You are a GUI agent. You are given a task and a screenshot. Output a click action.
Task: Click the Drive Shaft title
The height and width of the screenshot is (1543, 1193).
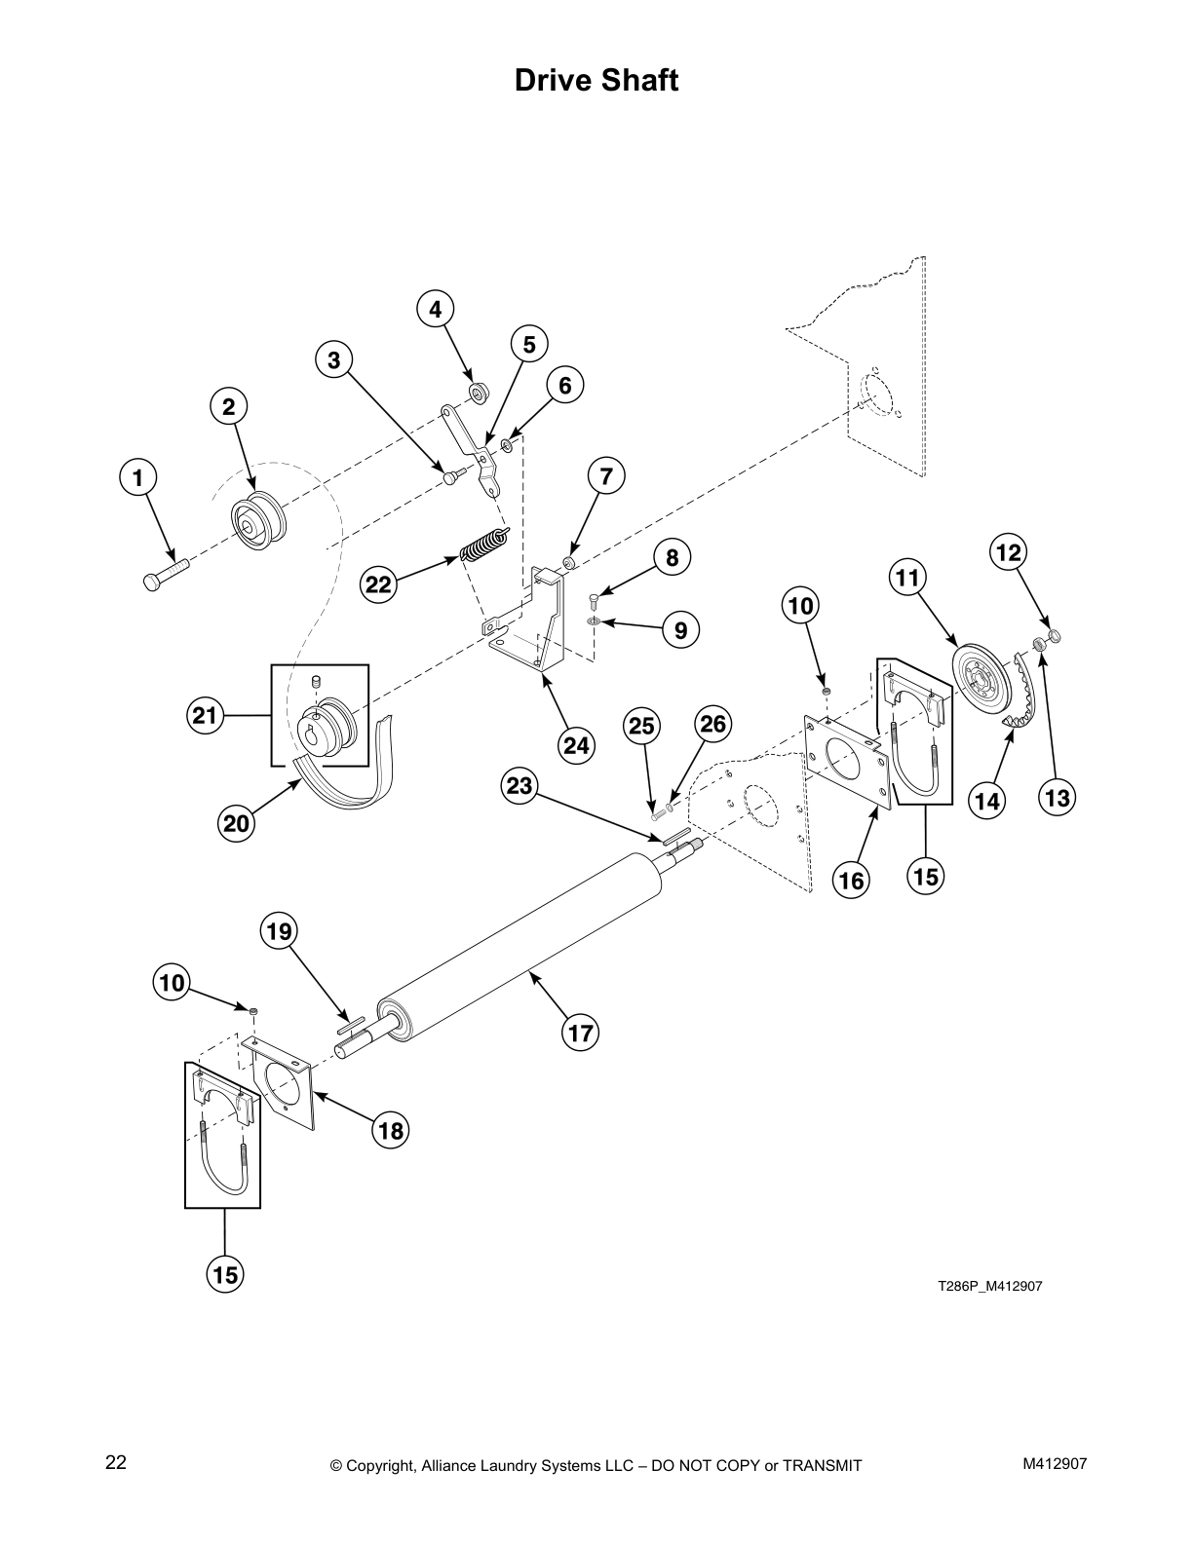tap(596, 80)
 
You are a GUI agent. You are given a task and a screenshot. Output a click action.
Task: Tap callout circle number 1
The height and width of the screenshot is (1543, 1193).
tap(137, 478)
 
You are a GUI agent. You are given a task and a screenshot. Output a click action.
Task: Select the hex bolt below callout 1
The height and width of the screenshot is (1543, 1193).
tap(165, 573)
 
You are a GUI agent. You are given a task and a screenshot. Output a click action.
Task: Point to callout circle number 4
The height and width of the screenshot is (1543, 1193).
tap(435, 309)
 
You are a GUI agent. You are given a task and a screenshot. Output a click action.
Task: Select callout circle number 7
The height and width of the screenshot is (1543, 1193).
tap(606, 476)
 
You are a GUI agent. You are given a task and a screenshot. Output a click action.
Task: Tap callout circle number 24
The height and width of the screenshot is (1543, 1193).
tap(576, 745)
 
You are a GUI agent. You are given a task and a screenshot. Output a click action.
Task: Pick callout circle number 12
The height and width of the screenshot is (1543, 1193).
tap(1008, 553)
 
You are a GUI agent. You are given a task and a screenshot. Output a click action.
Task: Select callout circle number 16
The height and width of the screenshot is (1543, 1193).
tap(851, 881)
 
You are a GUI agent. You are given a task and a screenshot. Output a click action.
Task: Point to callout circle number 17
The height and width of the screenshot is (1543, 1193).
tap(581, 1032)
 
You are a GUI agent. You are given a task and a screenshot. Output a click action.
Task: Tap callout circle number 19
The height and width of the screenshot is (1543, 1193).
tap(279, 931)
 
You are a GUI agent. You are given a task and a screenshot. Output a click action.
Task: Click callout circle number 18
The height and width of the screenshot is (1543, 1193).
tap(391, 1130)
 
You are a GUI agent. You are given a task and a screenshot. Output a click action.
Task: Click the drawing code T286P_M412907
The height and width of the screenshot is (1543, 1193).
tap(989, 1286)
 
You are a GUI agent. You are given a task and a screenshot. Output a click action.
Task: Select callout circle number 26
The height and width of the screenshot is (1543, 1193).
tap(713, 724)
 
